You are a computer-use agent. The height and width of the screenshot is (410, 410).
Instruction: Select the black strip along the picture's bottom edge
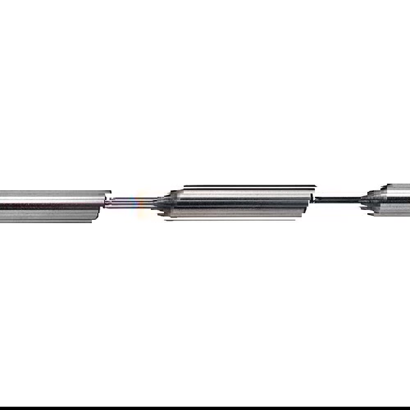tap(205, 408)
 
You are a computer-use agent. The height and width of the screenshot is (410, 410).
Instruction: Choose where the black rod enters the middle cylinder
tap(315, 200)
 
